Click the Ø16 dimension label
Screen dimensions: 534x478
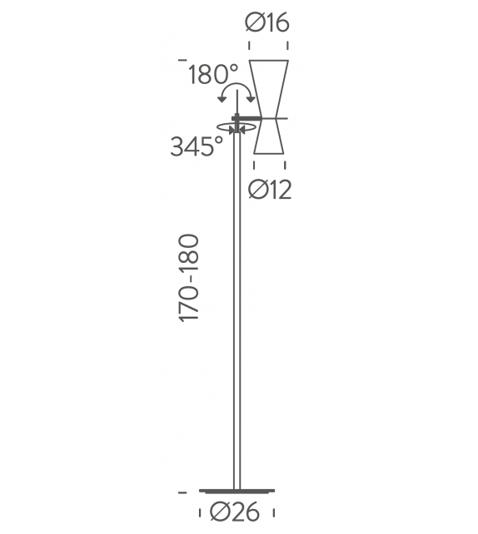coord(267,22)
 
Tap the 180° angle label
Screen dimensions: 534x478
coord(213,76)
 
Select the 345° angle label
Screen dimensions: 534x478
coord(197,146)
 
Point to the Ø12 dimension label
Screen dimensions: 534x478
coord(270,190)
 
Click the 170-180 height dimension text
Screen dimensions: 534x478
coord(189,279)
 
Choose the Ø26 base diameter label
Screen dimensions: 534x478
coord(237,514)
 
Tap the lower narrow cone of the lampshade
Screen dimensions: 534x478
coord(269,136)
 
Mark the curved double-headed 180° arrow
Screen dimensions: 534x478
coord(236,88)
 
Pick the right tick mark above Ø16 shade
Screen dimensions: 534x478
coord(289,47)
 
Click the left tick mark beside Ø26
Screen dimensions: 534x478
coord(202,514)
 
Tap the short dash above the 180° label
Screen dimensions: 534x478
coord(181,61)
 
